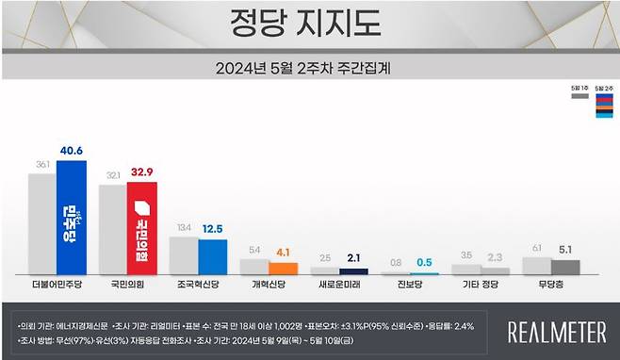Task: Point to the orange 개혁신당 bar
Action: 283,268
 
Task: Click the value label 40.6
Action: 72,149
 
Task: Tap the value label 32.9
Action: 142,172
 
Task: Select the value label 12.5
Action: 213,228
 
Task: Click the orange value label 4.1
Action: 284,252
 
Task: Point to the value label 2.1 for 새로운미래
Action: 354,257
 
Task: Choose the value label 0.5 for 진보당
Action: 425,262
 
